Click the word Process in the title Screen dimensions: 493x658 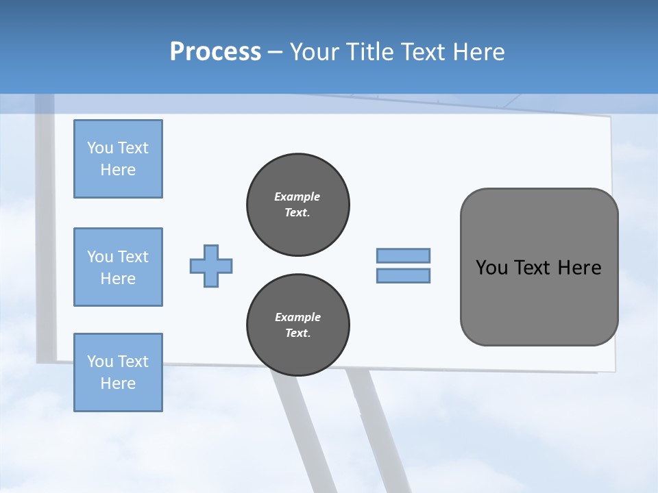tap(215, 52)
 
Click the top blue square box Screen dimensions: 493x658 tap(118, 159)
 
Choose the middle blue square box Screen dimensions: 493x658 tap(118, 267)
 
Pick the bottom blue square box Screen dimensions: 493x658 tap(118, 372)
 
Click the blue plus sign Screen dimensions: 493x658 tap(211, 266)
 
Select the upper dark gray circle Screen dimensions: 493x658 tap(298, 205)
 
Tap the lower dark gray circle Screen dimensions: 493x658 tap(298, 325)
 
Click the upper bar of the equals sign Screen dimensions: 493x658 tap(403, 255)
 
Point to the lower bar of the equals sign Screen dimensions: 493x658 tap(403, 276)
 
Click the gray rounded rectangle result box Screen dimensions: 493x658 tap(539, 301)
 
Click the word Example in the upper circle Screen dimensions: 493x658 tap(297, 197)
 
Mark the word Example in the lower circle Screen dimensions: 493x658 tap(297, 317)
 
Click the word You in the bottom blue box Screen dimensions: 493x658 tap(100, 362)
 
